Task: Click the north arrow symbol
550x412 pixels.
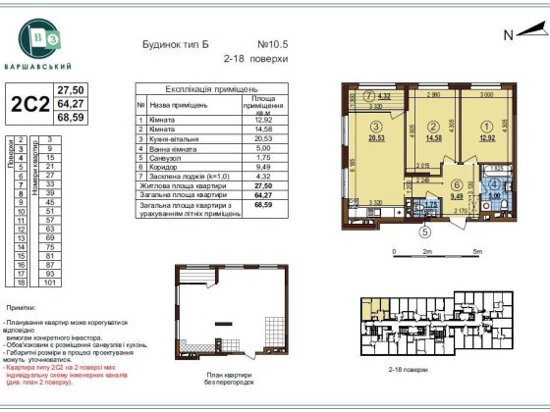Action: (517, 34)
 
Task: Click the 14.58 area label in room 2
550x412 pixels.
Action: (433, 137)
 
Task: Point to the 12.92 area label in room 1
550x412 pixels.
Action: (488, 137)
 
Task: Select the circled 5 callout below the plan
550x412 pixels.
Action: (425, 232)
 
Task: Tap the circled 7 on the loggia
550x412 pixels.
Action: (367, 96)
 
